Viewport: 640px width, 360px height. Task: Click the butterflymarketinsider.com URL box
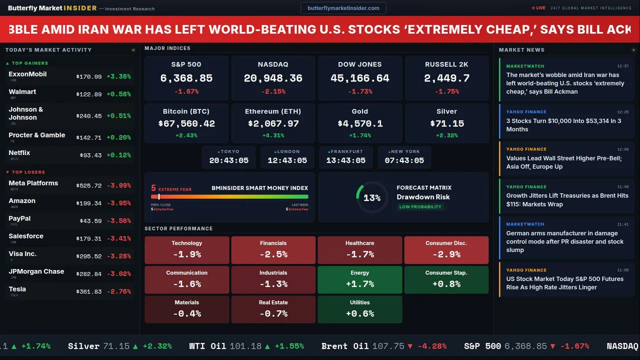343,8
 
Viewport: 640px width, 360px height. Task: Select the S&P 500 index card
186,78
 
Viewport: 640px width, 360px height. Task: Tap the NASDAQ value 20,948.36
273,78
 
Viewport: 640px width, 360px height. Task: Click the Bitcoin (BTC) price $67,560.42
186,123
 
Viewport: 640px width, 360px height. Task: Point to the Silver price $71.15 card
446,123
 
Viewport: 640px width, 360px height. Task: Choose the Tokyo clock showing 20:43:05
229,157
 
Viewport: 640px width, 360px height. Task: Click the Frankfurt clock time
345,160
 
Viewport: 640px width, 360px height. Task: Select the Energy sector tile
359,279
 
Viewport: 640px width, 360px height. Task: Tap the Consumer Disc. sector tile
446,250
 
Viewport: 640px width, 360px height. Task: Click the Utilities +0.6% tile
359,309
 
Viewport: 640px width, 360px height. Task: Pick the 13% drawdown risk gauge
371,198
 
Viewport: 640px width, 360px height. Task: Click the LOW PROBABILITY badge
420,207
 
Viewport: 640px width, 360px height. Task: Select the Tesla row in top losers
69,291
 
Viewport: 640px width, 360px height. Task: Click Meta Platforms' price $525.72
88,185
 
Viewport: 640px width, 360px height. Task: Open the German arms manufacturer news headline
564,241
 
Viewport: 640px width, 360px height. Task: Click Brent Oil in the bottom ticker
345,346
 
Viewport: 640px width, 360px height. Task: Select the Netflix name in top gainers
19,153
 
